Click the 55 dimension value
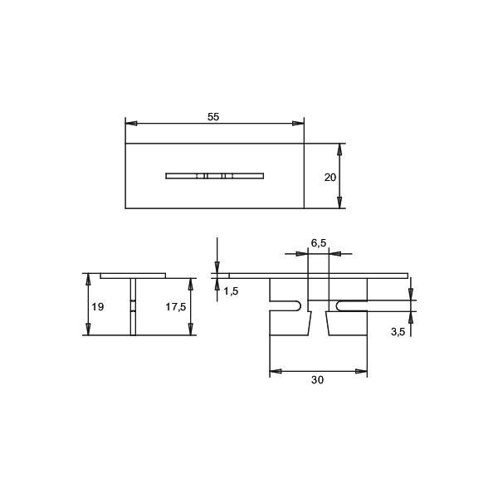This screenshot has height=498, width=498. pos(213,117)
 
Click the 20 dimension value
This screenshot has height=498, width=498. pos(330,177)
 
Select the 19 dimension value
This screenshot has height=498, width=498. pos(98,307)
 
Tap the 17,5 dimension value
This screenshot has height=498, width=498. pos(175,307)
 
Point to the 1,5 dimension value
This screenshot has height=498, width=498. pos(231,290)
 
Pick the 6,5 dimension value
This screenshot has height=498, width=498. pos(319,242)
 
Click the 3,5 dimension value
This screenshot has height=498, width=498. pos(397,332)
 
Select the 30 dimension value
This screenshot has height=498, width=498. pos(317,380)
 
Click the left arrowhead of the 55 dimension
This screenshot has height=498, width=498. pos(130,124)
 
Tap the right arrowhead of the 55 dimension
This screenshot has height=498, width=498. pos(299,124)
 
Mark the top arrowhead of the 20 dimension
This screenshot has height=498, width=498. pos(339,149)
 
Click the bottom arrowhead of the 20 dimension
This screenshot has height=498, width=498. pos(339,203)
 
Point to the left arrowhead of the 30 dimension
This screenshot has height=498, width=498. pos(275,371)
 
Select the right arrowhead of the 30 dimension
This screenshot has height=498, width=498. pos(362,371)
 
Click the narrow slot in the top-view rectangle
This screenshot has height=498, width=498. pos(214,175)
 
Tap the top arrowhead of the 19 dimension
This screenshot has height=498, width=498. pos(88,279)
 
